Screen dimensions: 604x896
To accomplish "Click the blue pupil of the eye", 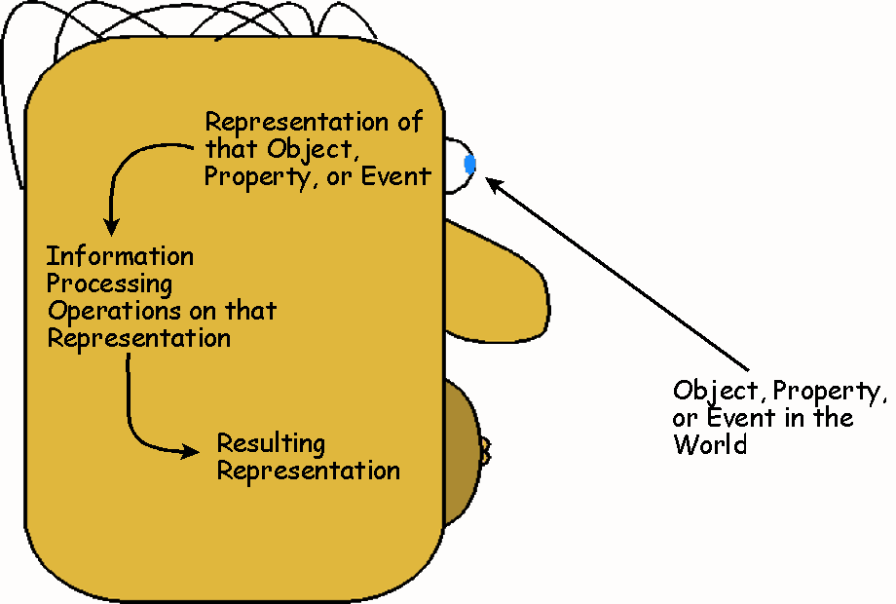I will (x=470, y=165).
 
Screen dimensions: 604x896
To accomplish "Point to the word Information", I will (x=121, y=257).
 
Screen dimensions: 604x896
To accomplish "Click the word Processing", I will (x=110, y=285).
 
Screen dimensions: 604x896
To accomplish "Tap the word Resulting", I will (x=271, y=445).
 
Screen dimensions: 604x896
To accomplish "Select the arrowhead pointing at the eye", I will (x=494, y=182).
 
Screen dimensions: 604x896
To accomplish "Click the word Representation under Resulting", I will (x=308, y=472).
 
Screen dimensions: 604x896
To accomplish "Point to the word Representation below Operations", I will (x=139, y=339).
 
